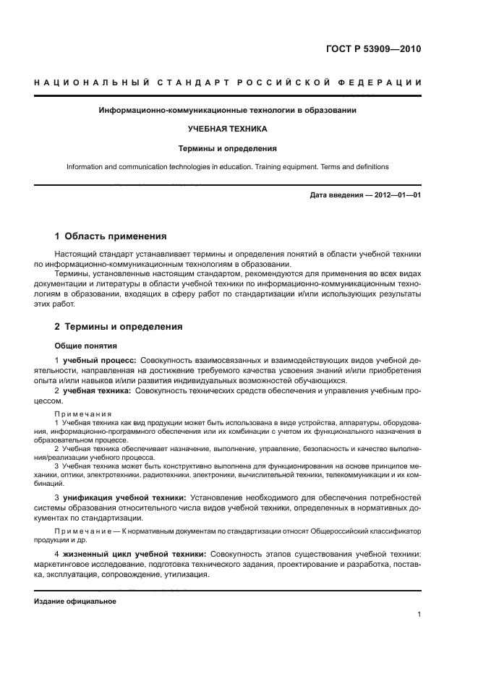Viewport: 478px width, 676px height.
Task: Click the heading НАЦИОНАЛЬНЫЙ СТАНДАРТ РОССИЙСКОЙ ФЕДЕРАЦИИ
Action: tap(229, 83)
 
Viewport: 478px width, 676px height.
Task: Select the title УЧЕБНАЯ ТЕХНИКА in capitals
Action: tap(228, 129)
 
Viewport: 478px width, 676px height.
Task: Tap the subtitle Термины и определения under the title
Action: tap(228, 148)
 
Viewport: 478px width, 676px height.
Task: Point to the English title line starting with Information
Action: tap(228, 166)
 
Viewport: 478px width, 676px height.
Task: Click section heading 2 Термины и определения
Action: tap(119, 327)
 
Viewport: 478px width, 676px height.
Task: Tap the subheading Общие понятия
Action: tap(85, 346)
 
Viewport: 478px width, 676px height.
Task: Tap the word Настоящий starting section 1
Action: tap(74, 254)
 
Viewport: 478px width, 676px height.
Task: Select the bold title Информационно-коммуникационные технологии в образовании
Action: tap(228, 111)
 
